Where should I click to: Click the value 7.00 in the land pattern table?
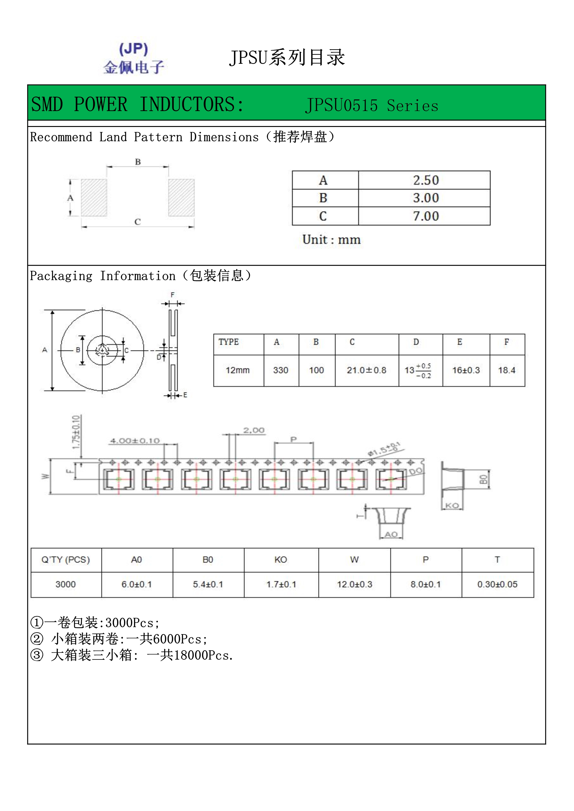click(426, 216)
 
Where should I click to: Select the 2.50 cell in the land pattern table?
click(426, 180)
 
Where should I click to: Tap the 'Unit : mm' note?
click(331, 240)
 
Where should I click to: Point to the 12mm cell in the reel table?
click(237, 370)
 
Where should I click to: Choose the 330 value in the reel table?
click(281, 370)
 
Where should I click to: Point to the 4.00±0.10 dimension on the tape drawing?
click(135, 441)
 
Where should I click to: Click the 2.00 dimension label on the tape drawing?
click(254, 430)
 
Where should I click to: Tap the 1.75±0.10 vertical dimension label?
click(76, 432)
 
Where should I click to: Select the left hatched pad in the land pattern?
click(94, 197)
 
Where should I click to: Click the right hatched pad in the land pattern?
click(181, 197)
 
